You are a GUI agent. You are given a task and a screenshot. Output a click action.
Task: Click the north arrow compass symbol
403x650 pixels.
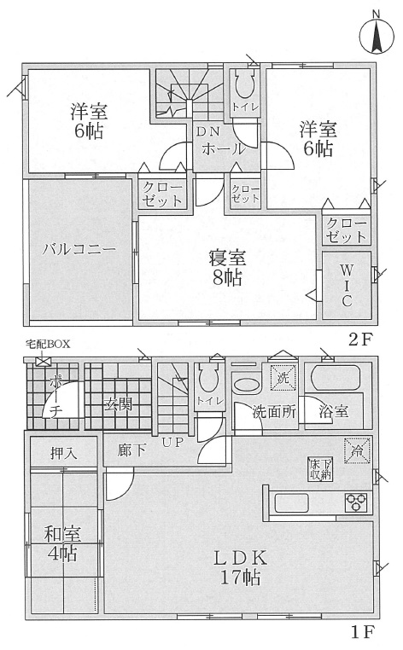pyautogui.click(x=377, y=38)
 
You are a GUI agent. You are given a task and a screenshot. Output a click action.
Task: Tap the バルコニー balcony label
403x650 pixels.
pyautogui.click(x=79, y=249)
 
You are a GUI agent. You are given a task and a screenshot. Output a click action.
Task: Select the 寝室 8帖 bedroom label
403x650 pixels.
pyautogui.click(x=227, y=268)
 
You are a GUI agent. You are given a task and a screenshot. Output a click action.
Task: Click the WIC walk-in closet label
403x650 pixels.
pyautogui.click(x=347, y=286)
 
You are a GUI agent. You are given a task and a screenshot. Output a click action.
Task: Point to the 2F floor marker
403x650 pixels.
pyautogui.click(x=359, y=340)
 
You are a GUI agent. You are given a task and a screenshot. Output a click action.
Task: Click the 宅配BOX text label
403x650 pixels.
pyautogui.click(x=48, y=344)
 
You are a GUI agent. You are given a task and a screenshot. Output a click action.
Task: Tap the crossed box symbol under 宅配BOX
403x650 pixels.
pyautogui.click(x=42, y=361)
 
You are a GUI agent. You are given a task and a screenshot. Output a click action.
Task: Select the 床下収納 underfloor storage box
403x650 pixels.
pyautogui.click(x=320, y=469)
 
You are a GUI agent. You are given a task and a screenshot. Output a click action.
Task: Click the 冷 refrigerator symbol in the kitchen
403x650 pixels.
pyautogui.click(x=357, y=450)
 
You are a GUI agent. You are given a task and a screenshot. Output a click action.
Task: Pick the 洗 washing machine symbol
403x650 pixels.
pyautogui.click(x=283, y=378)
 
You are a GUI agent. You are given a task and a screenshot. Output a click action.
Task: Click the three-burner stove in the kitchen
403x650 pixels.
pyautogui.click(x=356, y=502)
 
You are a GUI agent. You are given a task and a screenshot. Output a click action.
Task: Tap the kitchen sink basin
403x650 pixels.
pyautogui.click(x=292, y=502)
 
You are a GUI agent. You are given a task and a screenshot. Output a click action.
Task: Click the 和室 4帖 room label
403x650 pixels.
pyautogui.click(x=62, y=543)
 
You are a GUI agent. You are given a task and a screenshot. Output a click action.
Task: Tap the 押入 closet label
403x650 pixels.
pyautogui.click(x=63, y=454)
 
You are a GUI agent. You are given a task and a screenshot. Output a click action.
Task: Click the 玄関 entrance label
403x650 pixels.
pyautogui.click(x=118, y=403)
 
